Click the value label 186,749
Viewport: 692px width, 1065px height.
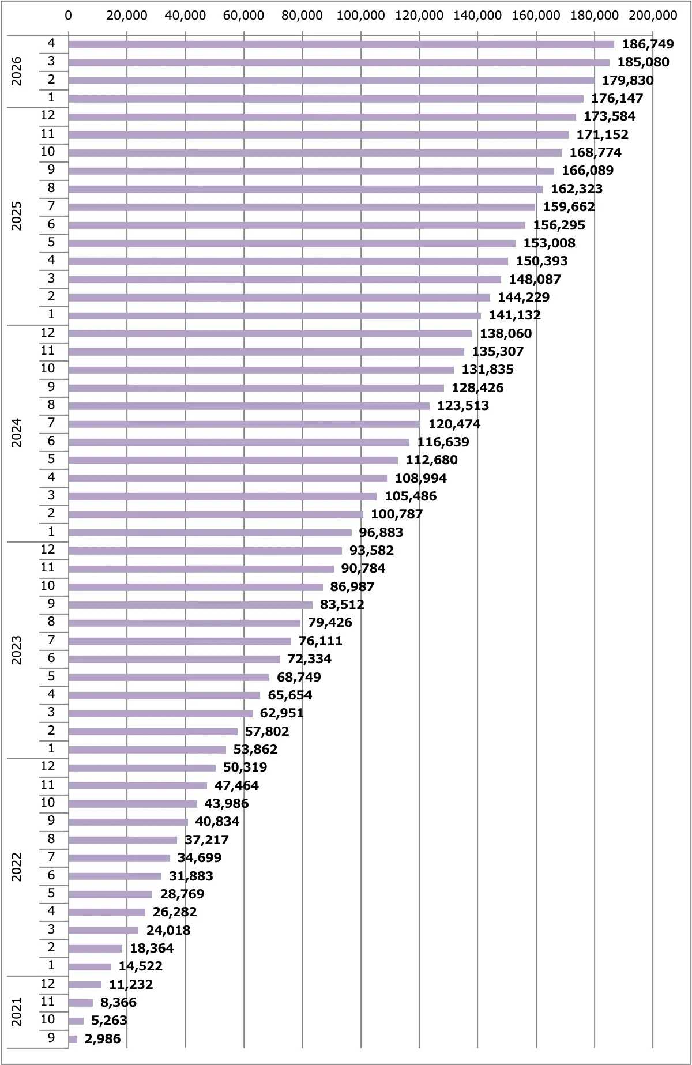point(648,44)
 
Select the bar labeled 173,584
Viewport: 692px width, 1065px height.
point(322,117)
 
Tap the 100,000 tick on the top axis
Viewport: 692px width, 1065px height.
point(360,16)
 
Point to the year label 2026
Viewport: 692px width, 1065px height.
point(17,71)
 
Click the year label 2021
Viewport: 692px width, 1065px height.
point(17,1012)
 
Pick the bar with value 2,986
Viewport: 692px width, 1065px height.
point(73,1039)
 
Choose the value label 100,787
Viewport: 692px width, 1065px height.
point(397,514)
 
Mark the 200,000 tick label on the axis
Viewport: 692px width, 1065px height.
point(653,16)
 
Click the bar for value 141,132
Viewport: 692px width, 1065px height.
point(275,315)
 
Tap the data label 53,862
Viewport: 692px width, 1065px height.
point(255,749)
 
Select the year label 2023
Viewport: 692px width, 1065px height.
point(17,650)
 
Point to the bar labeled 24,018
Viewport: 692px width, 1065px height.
point(104,930)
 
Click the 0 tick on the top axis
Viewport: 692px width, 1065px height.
point(69,16)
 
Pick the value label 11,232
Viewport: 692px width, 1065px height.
point(131,984)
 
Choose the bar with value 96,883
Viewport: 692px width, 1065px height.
point(210,533)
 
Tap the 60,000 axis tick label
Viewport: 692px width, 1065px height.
point(243,16)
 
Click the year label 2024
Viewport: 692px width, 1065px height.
point(17,432)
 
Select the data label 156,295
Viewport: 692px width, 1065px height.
point(559,225)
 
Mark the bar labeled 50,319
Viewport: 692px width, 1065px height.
point(142,767)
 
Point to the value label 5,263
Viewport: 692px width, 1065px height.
point(109,1021)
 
